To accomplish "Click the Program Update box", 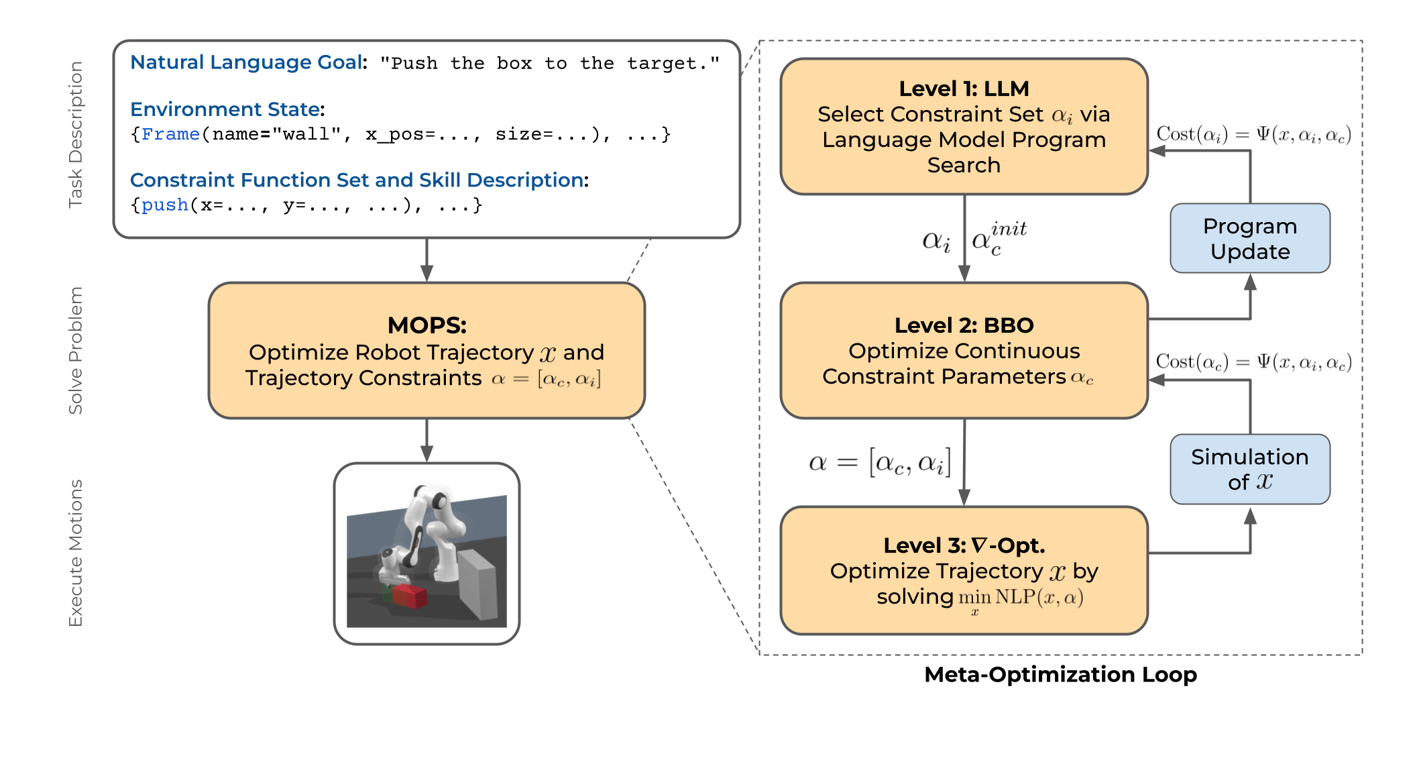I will click(x=1249, y=238).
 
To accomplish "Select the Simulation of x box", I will click(x=1249, y=469).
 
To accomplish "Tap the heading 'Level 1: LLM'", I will click(x=964, y=89).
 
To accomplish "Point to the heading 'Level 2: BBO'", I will click(x=964, y=325).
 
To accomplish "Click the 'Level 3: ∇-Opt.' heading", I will click(x=964, y=545).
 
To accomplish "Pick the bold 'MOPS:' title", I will click(x=427, y=325).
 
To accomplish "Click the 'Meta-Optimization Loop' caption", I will click(x=1060, y=674).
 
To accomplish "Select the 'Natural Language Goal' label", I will click(x=246, y=62).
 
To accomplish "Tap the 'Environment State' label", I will click(x=226, y=109).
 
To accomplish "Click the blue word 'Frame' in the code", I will click(x=170, y=134).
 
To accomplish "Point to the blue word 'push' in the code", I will click(x=165, y=205).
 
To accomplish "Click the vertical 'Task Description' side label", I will click(x=76, y=135).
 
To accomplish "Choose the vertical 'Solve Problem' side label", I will click(x=76, y=350).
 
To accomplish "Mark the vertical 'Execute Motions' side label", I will click(x=76, y=553).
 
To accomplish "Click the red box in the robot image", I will click(x=409, y=595).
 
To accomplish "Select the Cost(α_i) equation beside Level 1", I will click(x=1253, y=134).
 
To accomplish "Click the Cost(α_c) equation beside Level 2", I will click(x=1253, y=362).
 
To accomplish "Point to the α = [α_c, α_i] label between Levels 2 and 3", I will click(x=880, y=462).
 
